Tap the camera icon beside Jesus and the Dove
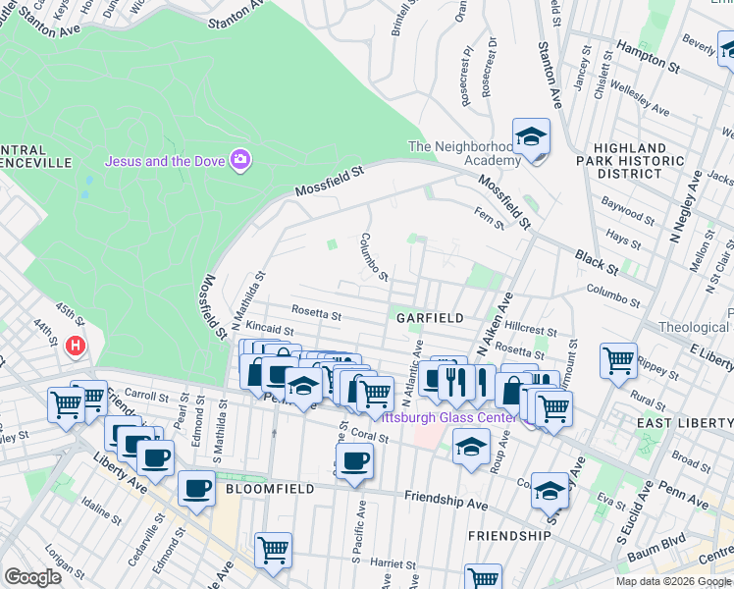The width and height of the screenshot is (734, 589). (239, 159)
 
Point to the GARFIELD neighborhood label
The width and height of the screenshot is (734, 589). (429, 318)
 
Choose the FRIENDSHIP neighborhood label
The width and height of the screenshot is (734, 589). (509, 536)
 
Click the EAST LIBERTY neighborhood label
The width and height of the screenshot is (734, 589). (684, 422)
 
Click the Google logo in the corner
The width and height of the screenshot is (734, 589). (32, 577)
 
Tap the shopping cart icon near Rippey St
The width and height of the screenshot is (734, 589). (618, 361)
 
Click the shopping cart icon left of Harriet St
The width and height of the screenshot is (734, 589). (273, 550)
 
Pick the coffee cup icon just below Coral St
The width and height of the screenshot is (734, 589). (355, 459)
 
